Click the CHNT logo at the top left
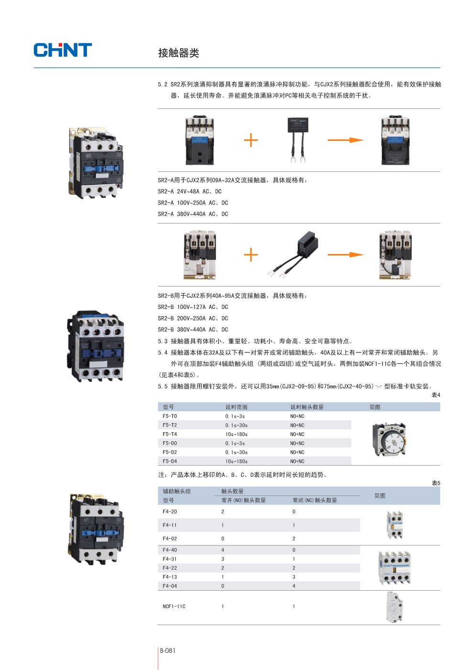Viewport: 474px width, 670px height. pos(63,50)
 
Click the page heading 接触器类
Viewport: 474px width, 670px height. pos(178,53)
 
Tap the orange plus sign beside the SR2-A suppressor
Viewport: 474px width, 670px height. pos(251,140)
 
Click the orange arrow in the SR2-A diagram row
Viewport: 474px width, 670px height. pos(345,140)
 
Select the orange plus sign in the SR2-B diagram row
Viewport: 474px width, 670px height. pos(251,255)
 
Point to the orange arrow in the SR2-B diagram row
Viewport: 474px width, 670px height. pos(345,255)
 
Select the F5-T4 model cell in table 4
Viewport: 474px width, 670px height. pos(170,434)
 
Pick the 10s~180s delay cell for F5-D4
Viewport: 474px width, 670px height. pos(236,461)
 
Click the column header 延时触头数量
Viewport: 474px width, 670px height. pos(307,407)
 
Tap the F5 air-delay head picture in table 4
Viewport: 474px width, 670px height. pos(389,439)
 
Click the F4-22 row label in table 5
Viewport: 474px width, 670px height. pos(170,568)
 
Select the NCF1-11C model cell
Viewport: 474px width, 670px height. pos(174,606)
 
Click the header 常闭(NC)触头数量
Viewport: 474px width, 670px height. pos(314,500)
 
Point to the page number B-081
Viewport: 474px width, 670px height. pos(168,650)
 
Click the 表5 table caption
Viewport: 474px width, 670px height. pos(436,483)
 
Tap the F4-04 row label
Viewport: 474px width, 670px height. pos(170,586)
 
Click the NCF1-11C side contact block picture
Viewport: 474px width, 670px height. pos(395,607)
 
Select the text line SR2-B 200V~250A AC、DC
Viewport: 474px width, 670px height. pos(193,318)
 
